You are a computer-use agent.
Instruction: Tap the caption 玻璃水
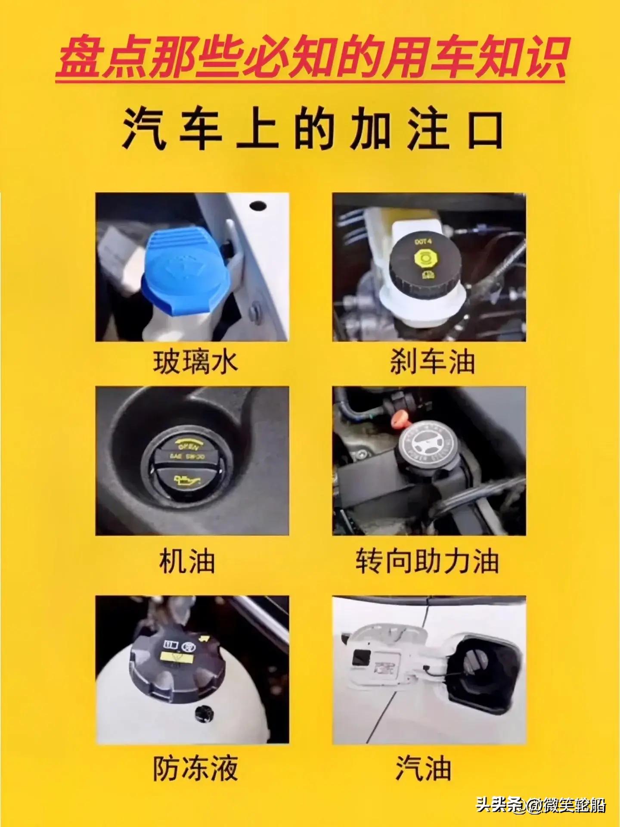(195, 362)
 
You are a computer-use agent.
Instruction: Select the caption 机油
(187, 561)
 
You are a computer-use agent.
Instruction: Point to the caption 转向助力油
(427, 561)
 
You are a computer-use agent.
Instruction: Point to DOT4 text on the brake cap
(423, 242)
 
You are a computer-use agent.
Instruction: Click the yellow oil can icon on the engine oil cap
(187, 480)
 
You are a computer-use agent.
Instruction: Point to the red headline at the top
(310, 58)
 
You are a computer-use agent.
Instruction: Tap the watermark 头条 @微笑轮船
(540, 805)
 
